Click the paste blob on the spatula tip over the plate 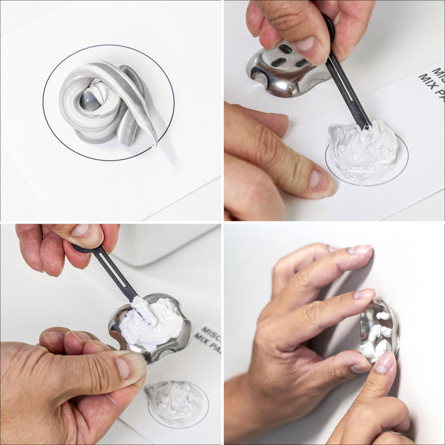click(x=143, y=310)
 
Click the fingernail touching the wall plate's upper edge click(x=363, y=295)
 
